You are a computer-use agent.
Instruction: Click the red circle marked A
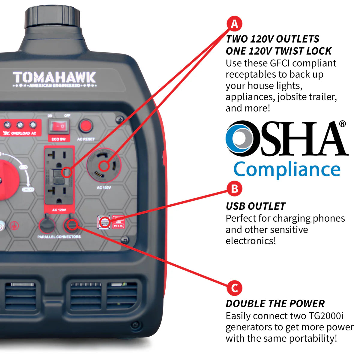coord(234,24)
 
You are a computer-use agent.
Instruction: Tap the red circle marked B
coord(234,189)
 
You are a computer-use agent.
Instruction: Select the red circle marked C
coord(234,288)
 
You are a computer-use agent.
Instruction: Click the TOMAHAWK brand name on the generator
coord(54,78)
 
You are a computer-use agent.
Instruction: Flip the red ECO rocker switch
coord(59,127)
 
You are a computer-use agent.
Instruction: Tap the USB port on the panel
coord(104,222)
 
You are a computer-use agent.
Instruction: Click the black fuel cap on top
coord(52,16)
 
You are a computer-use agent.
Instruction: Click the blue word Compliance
coord(287,169)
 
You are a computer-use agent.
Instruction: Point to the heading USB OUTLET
coord(255,206)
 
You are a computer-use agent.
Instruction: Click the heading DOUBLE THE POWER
coord(275,303)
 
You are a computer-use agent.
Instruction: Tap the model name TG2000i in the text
coord(326,316)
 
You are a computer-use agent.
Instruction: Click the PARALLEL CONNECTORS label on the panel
coord(59,237)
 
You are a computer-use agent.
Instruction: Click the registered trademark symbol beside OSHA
coord(342,124)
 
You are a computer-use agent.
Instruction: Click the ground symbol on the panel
coord(14,226)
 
